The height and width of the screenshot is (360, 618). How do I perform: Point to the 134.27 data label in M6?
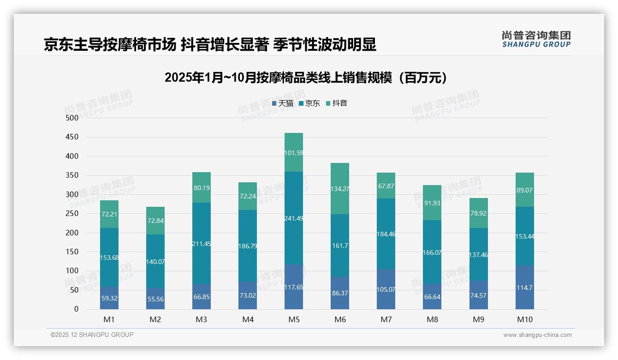pyautogui.click(x=340, y=188)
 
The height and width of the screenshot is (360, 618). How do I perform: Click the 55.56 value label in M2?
pyautogui.click(x=155, y=299)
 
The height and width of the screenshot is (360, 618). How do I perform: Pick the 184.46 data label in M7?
pyautogui.click(x=386, y=234)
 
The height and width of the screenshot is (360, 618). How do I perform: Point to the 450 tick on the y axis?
pyautogui.click(x=72, y=137)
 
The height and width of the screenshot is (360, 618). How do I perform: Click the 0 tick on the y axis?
pyautogui.click(x=76, y=309)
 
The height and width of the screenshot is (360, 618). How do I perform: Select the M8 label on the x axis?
pyautogui.click(x=432, y=319)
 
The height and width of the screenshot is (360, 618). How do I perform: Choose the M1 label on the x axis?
pyautogui.click(x=109, y=319)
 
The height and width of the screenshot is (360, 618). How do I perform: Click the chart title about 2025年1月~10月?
pyautogui.click(x=306, y=78)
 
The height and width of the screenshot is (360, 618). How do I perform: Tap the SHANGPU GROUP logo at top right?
pyautogui.click(x=536, y=39)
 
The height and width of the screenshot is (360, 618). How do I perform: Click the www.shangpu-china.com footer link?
pyautogui.click(x=537, y=335)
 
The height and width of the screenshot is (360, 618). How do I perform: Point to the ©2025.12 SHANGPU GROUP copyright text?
pyautogui.click(x=92, y=335)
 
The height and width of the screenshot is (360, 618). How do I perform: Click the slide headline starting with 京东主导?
pyautogui.click(x=210, y=45)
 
